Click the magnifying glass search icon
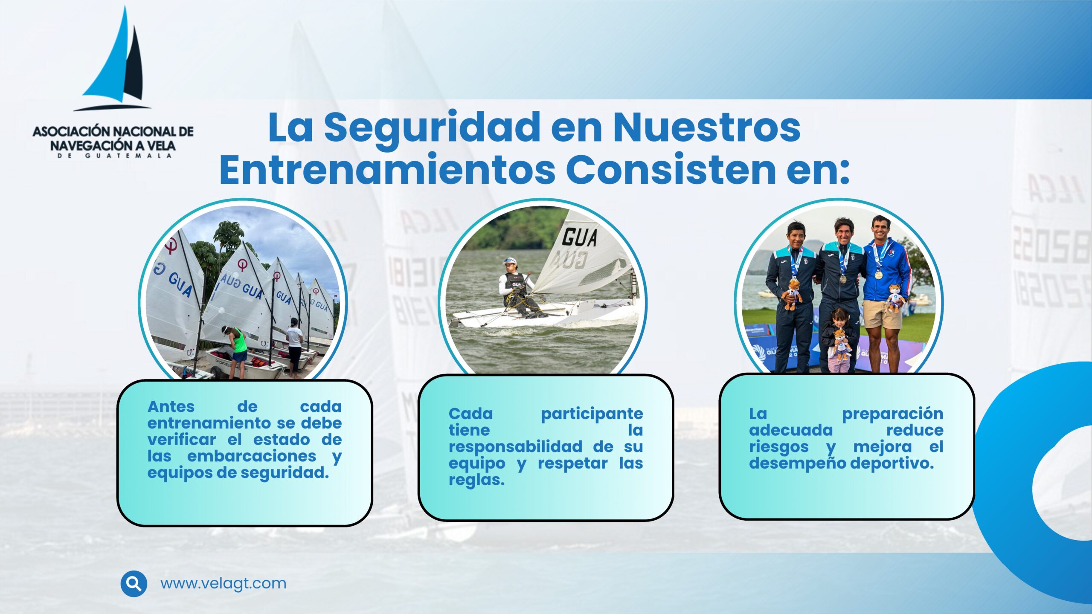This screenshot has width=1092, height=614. coord(134,583)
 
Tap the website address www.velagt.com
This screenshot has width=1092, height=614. coord(223,583)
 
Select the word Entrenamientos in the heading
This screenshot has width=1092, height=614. coord(387,170)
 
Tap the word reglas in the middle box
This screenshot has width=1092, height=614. coord(476,480)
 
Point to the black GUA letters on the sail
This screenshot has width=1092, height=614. coord(579,237)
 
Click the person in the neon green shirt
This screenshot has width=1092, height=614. coord(236,352)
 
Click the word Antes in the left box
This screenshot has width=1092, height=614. coord(171,407)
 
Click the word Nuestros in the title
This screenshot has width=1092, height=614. coord(706,127)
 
